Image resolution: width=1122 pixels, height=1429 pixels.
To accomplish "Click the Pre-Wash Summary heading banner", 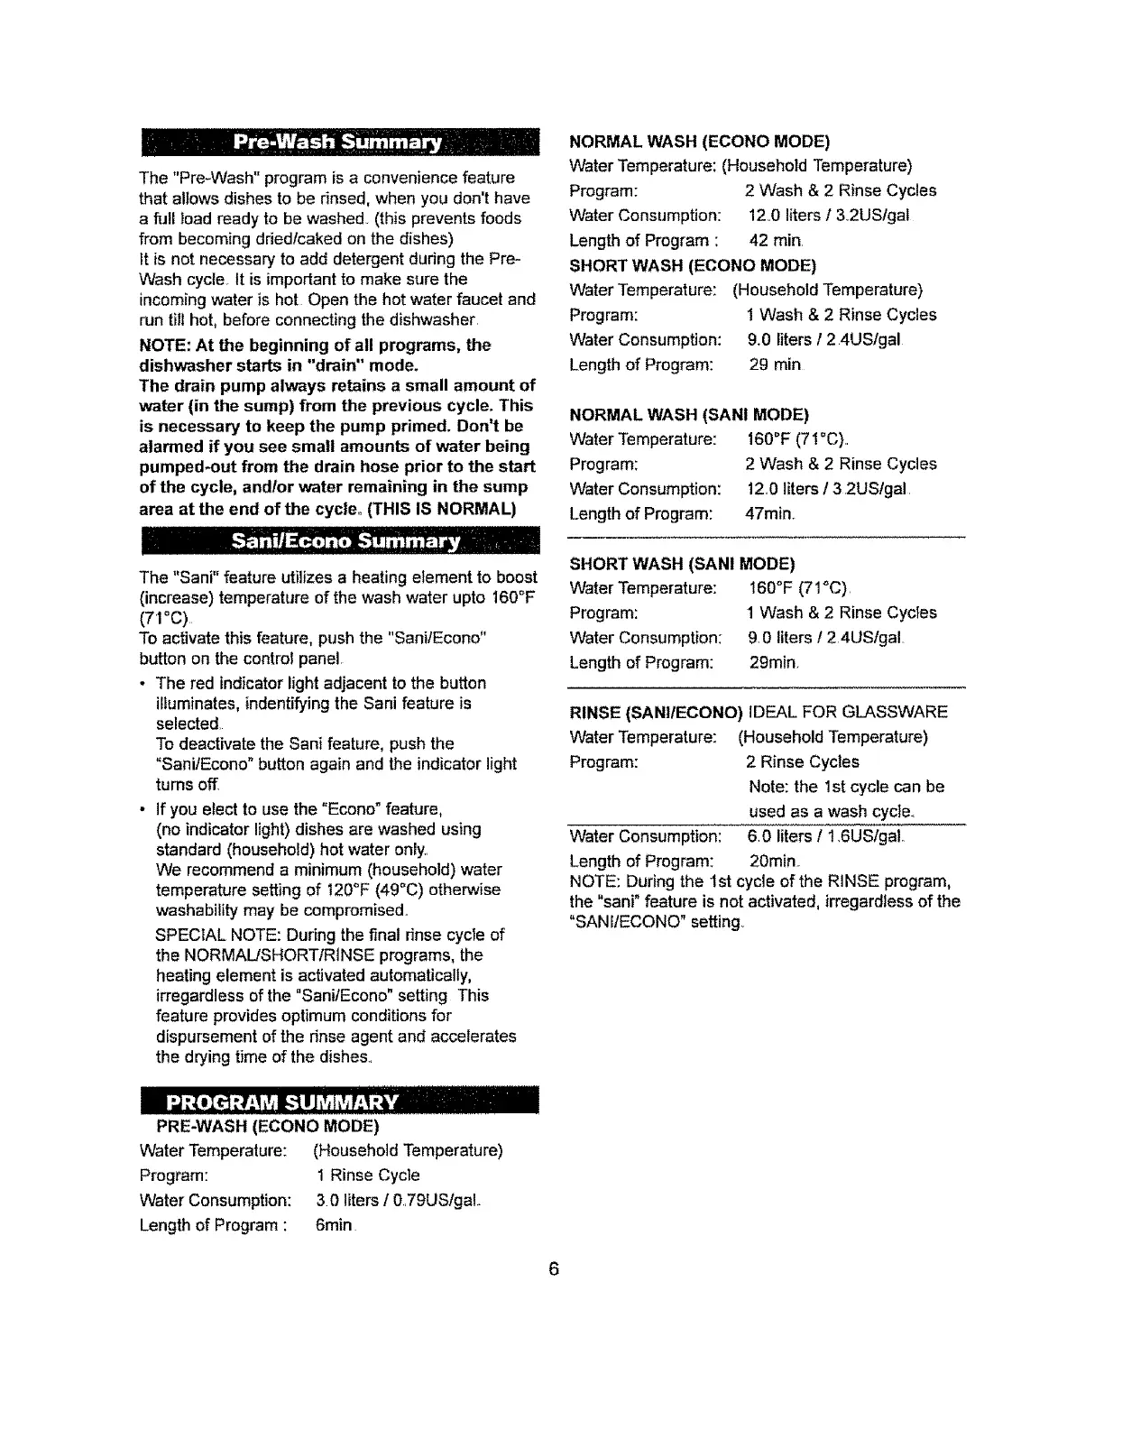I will pyautogui.click(x=338, y=143).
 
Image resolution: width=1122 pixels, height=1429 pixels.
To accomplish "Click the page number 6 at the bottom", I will pyautogui.click(x=555, y=1269).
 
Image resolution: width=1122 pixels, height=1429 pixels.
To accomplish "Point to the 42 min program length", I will pyautogui.click(x=776, y=241).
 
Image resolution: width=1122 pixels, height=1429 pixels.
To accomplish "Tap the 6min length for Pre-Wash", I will pyautogui.click(x=335, y=1225).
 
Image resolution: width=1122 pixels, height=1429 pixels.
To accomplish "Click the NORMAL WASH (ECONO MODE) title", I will pyautogui.click(x=700, y=142).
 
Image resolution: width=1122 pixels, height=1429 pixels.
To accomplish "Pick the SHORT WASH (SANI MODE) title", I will pyautogui.click(x=682, y=564).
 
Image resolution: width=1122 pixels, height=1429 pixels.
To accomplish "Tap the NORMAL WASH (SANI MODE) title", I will pyautogui.click(x=689, y=415).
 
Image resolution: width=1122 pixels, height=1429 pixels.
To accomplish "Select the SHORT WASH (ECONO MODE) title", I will pyautogui.click(x=693, y=265).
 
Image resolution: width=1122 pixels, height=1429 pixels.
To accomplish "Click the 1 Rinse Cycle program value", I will pyautogui.click(x=368, y=1175).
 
